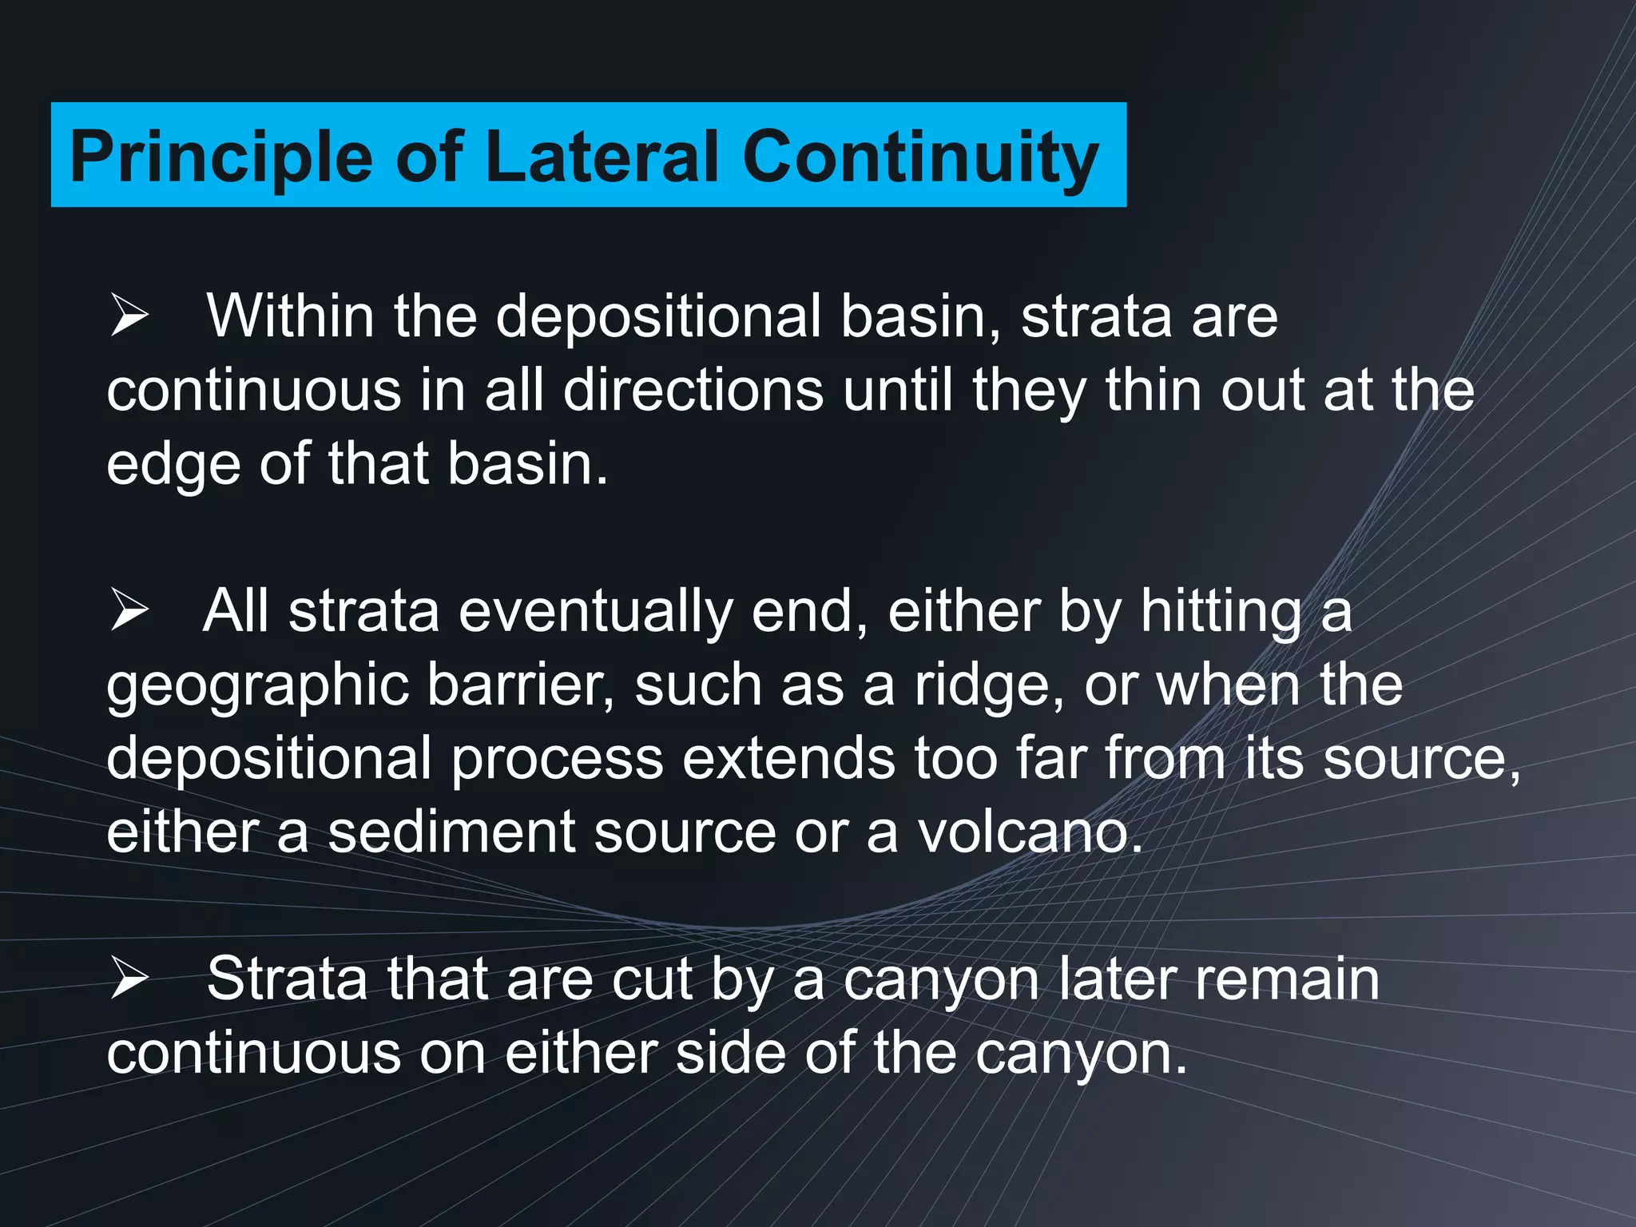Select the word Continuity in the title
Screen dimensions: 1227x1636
click(x=920, y=157)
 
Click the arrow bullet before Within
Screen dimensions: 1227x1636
click(x=130, y=316)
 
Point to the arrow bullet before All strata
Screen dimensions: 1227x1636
click(x=130, y=611)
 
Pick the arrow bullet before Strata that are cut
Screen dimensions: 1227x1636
click(x=130, y=979)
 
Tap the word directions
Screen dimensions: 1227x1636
click(x=693, y=391)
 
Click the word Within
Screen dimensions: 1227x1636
click(x=290, y=316)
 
